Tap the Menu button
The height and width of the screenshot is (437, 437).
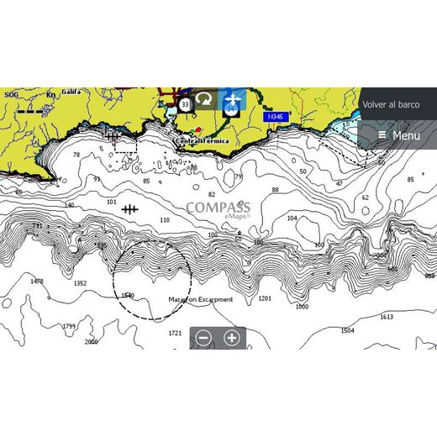click(398, 135)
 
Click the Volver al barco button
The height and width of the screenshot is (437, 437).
click(391, 104)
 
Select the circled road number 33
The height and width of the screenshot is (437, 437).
click(185, 104)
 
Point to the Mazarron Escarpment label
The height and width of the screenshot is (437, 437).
click(200, 298)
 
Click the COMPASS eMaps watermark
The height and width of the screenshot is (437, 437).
click(218, 208)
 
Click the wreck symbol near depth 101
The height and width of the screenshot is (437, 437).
click(129, 208)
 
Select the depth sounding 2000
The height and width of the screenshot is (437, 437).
click(91, 342)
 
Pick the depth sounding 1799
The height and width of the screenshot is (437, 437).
click(69, 326)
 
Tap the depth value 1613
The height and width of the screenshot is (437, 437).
click(386, 317)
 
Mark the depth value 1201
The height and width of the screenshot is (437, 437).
click(266, 298)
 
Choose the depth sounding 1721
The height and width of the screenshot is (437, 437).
click(175, 333)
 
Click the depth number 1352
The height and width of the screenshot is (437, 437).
click(80, 283)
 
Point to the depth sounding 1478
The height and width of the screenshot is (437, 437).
click(36, 282)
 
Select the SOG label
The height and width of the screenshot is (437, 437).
click(11, 95)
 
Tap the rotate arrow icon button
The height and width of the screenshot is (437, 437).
click(204, 99)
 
